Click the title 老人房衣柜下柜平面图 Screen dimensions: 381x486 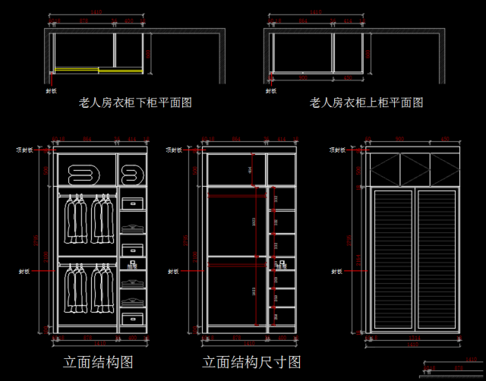pyautogui.click(x=135, y=102)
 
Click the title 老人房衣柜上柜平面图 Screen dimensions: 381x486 pyautogui.click(x=366, y=102)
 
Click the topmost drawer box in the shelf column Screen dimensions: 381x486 pyautogui.click(x=133, y=203)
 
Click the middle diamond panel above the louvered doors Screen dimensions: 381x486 pyautogui.click(x=415, y=168)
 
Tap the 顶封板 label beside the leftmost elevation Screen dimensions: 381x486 pyautogui.click(x=25, y=150)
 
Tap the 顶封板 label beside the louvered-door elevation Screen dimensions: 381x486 pyautogui.click(x=336, y=150)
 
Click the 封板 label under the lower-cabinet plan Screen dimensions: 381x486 pyautogui.click(x=51, y=90)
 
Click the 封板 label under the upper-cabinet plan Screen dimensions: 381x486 pyautogui.click(x=269, y=90)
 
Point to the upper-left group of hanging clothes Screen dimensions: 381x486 pyautogui.click(x=74, y=219)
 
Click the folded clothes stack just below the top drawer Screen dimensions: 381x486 pyautogui.click(x=133, y=227)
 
